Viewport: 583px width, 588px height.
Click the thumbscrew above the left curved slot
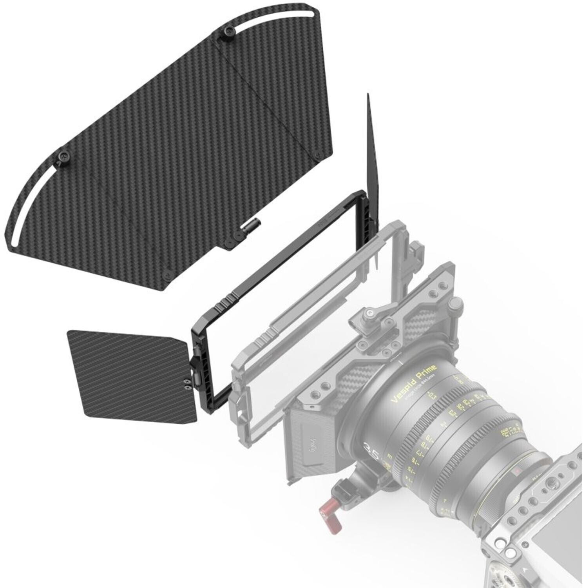63,156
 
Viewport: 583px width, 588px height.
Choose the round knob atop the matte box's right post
455,303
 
